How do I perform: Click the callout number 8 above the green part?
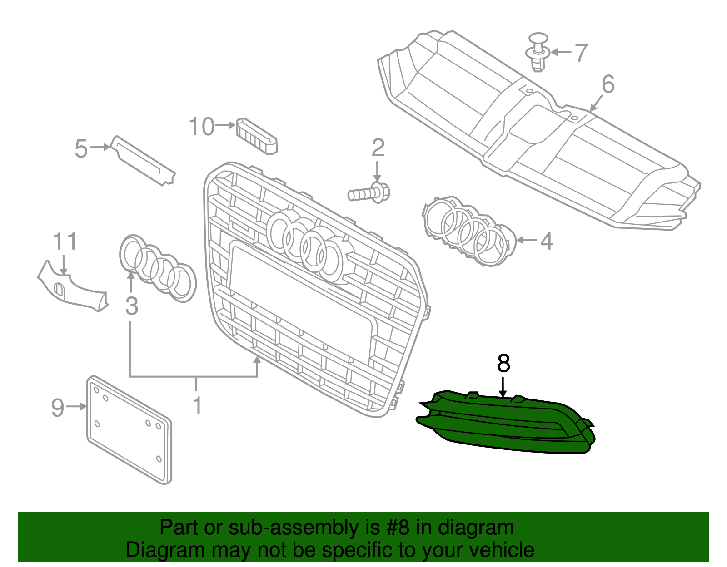click(503, 364)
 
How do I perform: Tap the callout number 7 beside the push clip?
click(581, 53)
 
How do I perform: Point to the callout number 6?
click(608, 84)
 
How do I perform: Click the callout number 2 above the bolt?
click(378, 148)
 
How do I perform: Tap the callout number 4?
click(547, 241)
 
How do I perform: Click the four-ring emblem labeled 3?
click(158, 268)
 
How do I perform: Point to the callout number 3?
click(131, 306)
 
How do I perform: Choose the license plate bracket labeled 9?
click(129, 429)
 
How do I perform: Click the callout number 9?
click(58, 408)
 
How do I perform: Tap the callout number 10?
click(201, 127)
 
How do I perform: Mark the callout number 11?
click(65, 242)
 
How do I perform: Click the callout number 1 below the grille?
click(197, 406)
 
